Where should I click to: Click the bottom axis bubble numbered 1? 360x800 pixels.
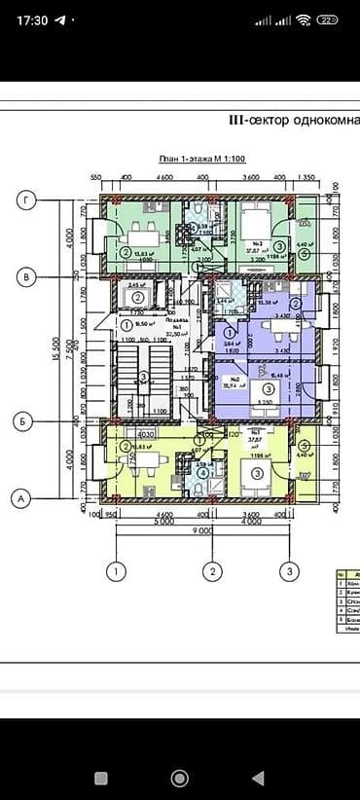[x=117, y=570]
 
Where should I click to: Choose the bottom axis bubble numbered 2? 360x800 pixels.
[x=208, y=570]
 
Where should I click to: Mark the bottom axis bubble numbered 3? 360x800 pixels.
[x=289, y=570]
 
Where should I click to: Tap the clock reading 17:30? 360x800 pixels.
[x=32, y=19]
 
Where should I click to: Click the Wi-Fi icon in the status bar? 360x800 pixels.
[x=304, y=19]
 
